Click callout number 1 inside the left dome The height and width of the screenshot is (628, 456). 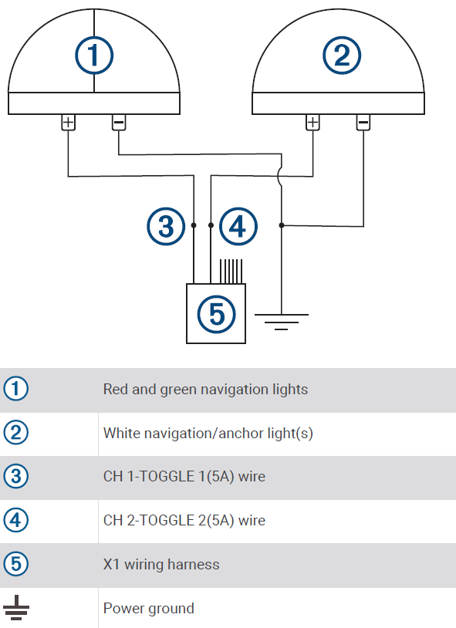pyautogui.click(x=94, y=55)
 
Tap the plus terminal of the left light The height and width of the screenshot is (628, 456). pyautogui.click(x=69, y=122)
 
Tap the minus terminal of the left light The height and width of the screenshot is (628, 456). pyautogui.click(x=119, y=122)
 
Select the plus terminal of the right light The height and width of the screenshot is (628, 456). pyautogui.click(x=312, y=122)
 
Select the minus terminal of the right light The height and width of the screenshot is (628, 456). pyautogui.click(x=363, y=122)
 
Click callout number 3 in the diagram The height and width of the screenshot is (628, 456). pyautogui.click(x=166, y=227)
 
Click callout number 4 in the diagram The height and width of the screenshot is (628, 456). pyautogui.click(x=238, y=227)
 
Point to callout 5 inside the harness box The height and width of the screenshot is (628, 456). pyautogui.click(x=216, y=313)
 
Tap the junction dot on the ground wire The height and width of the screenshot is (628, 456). pyautogui.click(x=282, y=225)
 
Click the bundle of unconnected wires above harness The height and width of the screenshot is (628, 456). pyautogui.click(x=230, y=271)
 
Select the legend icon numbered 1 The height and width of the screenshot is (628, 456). pyautogui.click(x=15, y=389)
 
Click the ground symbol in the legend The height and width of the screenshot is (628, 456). pyautogui.click(x=15, y=609)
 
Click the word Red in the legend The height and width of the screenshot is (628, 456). pyautogui.click(x=116, y=389)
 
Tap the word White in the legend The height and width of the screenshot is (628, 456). pyautogui.click(x=122, y=433)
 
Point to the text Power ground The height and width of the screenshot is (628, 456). pyautogui.click(x=148, y=609)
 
